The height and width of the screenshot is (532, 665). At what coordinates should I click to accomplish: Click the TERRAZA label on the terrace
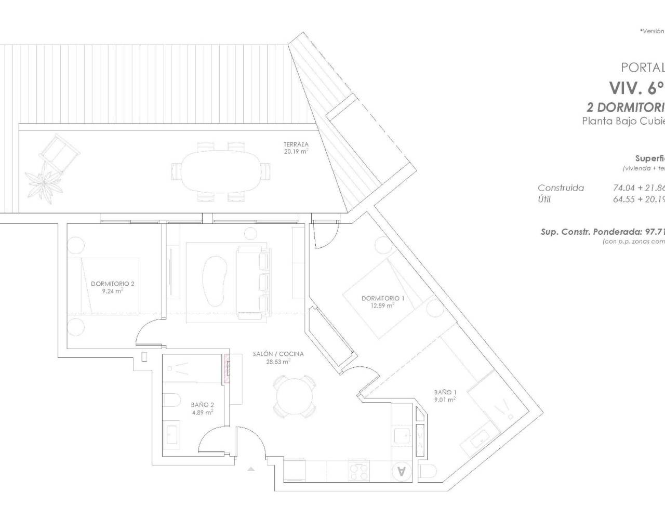coord(296,144)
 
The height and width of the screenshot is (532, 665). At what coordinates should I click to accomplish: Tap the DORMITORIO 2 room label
coord(113,284)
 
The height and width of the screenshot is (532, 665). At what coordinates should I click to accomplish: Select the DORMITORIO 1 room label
coord(383,298)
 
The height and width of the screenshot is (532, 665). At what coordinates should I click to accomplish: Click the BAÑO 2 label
coord(202,405)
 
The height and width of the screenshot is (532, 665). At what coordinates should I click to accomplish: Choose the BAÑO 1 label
coord(445,392)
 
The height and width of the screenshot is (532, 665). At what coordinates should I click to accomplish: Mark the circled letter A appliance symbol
coord(401,471)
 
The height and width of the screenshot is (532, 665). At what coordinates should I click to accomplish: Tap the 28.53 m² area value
coord(278,362)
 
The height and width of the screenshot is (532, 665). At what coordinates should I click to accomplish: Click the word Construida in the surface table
coord(561,188)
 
